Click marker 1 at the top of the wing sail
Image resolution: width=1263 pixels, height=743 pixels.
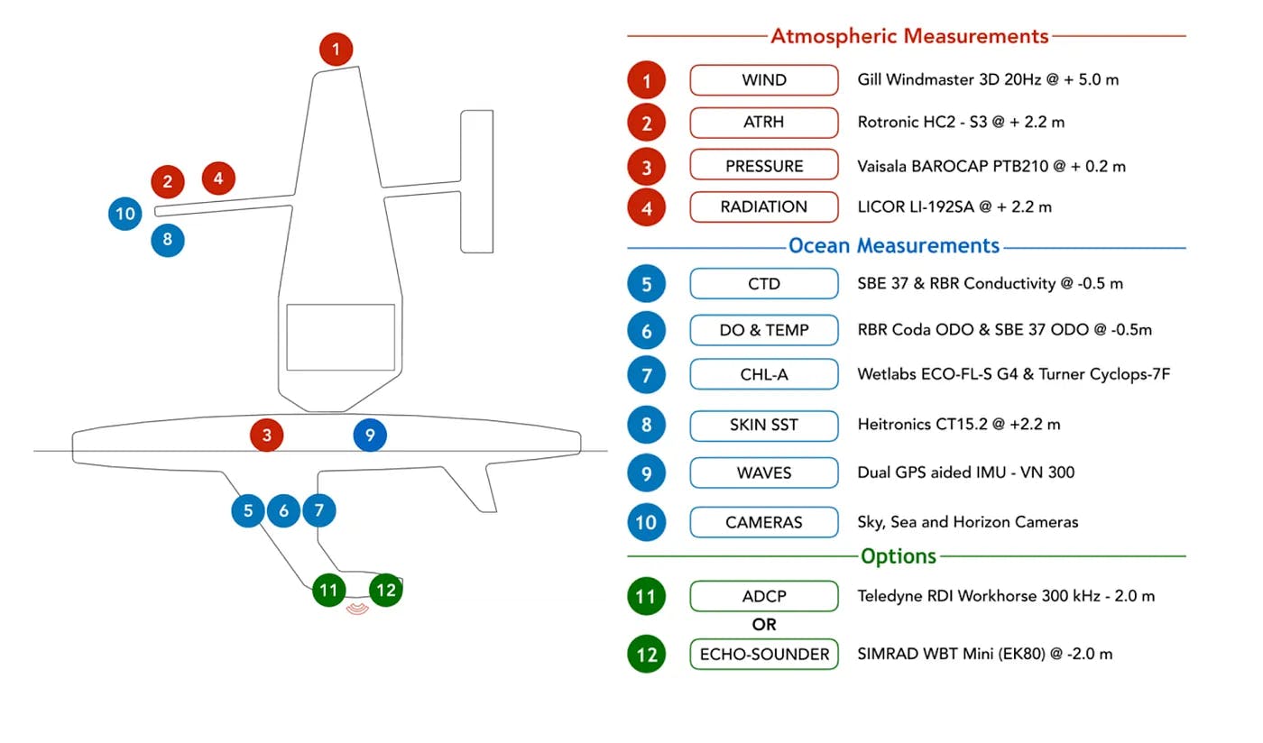pyautogui.click(x=336, y=49)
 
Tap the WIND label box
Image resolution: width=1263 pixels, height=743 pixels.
pyautogui.click(x=764, y=80)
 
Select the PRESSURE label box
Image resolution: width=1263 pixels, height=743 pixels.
pyautogui.click(x=764, y=166)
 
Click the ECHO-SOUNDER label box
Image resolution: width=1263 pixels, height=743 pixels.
pyautogui.click(x=764, y=655)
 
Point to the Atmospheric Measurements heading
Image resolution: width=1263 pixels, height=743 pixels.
pyautogui.click(x=908, y=36)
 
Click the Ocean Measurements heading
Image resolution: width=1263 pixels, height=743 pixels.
pyautogui.click(x=893, y=245)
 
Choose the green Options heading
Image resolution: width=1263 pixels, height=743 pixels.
pyautogui.click(x=899, y=556)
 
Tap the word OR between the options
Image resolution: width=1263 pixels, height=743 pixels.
pyautogui.click(x=764, y=624)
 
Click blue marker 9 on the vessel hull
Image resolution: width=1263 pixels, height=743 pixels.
pyautogui.click(x=369, y=436)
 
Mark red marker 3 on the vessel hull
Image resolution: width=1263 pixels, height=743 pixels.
pyautogui.click(x=267, y=436)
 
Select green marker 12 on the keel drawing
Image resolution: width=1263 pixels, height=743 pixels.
pyautogui.click(x=386, y=591)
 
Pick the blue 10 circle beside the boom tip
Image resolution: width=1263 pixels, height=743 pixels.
pyautogui.click(x=125, y=214)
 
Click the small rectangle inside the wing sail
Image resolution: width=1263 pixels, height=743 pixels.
pyautogui.click(x=340, y=337)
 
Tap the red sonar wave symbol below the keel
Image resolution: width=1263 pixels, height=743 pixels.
pyautogui.click(x=358, y=610)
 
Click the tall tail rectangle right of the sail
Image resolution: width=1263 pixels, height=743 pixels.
pyautogui.click(x=477, y=181)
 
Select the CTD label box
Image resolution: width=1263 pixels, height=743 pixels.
pyautogui.click(x=764, y=283)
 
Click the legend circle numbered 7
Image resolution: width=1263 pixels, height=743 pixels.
pyautogui.click(x=647, y=374)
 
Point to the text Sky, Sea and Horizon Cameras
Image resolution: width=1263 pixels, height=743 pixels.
pyautogui.click(x=967, y=522)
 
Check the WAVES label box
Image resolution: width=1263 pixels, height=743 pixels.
pyautogui.click(x=764, y=472)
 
